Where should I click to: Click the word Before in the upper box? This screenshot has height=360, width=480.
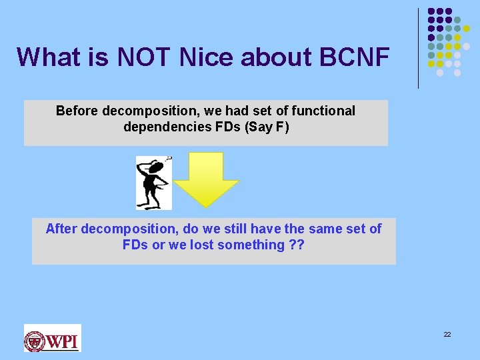[x=77, y=111]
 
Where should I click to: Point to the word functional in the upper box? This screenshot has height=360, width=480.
[x=325, y=111]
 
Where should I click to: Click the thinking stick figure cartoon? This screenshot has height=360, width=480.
[x=153, y=183]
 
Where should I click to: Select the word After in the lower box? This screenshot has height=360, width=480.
[x=61, y=229]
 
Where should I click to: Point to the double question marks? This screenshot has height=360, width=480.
[x=296, y=245]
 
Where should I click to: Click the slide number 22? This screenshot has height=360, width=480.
[x=447, y=334]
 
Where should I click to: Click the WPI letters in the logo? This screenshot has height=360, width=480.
[x=63, y=341]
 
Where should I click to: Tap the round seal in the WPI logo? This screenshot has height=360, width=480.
[x=35, y=341]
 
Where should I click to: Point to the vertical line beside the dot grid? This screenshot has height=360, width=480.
[x=419, y=48]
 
